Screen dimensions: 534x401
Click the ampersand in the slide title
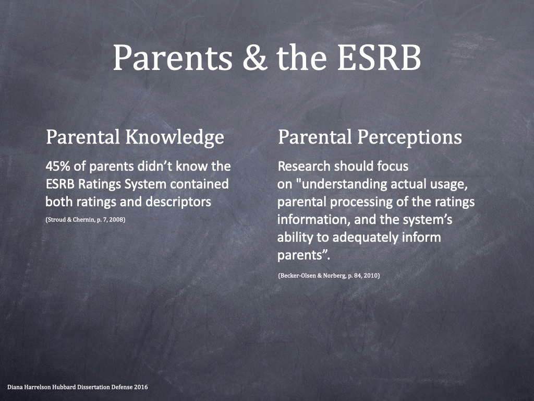[254, 57]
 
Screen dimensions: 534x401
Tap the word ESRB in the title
[379, 57]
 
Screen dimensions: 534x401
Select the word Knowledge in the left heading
[175, 138]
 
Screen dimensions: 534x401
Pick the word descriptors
[178, 202]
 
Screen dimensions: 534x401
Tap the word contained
[199, 184]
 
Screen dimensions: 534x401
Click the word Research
[304, 167]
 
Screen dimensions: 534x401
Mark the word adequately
[365, 238]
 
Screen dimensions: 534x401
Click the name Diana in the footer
[15, 387]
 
